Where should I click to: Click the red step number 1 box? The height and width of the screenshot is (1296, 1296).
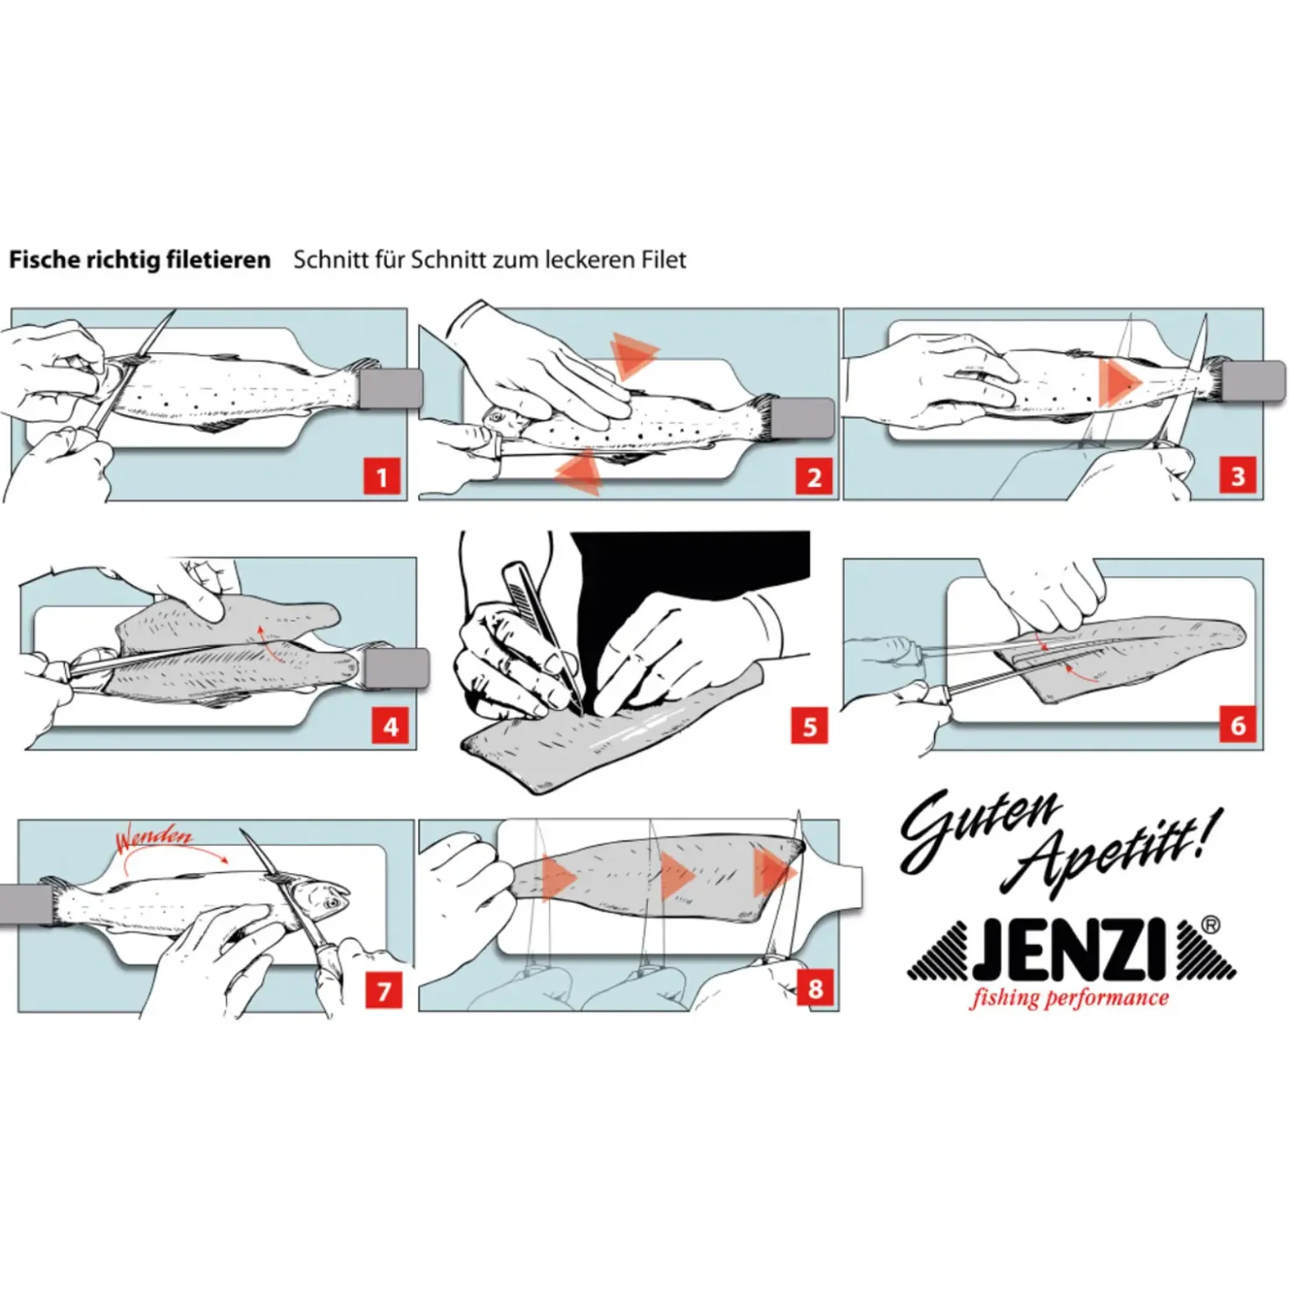coord(382,478)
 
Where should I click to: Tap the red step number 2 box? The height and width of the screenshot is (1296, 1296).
coord(814,478)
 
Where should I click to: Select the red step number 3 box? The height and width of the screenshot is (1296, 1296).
coord(1238,477)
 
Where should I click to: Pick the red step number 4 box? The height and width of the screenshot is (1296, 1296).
coord(391,726)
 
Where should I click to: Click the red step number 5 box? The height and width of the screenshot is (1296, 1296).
coord(809,726)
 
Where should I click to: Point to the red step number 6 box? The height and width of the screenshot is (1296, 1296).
coord(1238,725)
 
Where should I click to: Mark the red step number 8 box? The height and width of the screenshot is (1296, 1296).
coord(815,989)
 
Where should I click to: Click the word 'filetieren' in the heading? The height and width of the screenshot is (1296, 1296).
coord(222,260)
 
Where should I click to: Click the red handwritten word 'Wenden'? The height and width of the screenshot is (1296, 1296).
coord(154,839)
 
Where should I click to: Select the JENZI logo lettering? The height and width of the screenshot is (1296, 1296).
coord(1070,951)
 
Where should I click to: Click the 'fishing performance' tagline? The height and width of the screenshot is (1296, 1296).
coord(1068,998)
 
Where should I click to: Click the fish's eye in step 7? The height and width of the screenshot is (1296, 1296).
coord(332,902)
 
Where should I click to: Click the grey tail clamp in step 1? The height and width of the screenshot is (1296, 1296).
coord(391,388)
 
